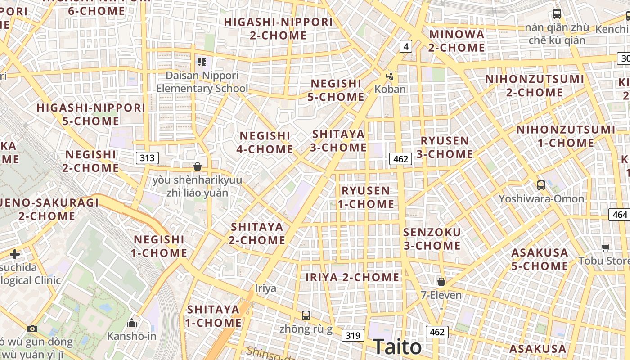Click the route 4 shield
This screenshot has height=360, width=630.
(406, 46)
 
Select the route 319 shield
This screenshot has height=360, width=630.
(353, 335)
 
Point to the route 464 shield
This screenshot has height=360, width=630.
(620, 215)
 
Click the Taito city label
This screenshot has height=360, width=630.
(397, 347)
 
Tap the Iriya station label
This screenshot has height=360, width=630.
(265, 288)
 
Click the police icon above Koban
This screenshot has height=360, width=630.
(390, 76)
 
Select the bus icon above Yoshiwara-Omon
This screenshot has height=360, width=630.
(541, 185)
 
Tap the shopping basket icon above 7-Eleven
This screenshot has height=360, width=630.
(441, 282)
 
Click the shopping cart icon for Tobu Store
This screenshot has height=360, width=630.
(606, 247)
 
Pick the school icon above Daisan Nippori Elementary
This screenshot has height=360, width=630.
(202, 62)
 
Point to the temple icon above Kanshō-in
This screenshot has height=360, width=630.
(132, 323)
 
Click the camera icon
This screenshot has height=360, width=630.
(32, 328)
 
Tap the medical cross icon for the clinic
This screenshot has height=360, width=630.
(15, 254)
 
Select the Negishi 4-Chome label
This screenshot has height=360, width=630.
(265, 142)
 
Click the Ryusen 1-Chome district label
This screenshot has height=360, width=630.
(366, 197)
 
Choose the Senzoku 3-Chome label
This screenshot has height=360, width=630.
(432, 239)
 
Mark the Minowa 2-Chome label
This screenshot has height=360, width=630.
(457, 40)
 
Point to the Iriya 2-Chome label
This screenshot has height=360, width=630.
(352, 277)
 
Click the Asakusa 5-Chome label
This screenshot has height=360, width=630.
(540, 259)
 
